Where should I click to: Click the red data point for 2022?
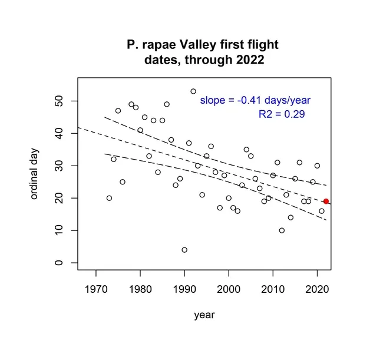click(x=326, y=202)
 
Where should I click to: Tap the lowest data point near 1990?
click(x=184, y=250)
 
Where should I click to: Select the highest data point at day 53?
click(x=193, y=91)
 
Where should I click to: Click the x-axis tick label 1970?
click(x=95, y=289)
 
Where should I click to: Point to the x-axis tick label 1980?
click(x=140, y=289)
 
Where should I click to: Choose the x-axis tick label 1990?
click(x=184, y=289)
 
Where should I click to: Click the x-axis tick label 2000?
click(x=229, y=289)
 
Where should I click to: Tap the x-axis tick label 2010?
click(x=273, y=289)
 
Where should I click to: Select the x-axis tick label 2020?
click(x=317, y=289)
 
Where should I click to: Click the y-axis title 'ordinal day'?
click(x=34, y=170)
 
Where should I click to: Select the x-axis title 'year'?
click(x=204, y=315)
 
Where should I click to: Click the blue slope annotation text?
click(x=255, y=100)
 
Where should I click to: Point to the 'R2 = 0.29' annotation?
click(x=282, y=114)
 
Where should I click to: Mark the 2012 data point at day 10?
click(x=282, y=230)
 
